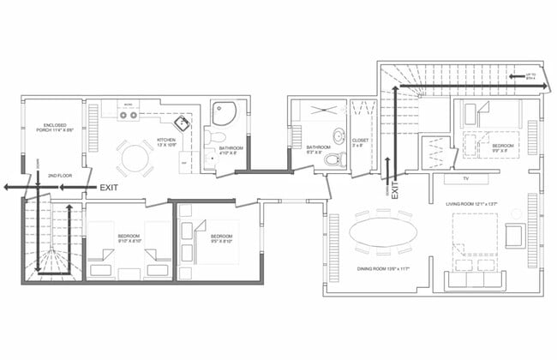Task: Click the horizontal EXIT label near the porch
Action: (110, 186)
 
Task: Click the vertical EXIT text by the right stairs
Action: (396, 186)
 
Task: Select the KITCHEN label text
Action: (165, 142)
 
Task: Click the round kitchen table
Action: (135, 159)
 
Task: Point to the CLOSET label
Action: (359, 143)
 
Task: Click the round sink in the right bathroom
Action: (339, 138)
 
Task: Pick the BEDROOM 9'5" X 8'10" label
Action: (222, 237)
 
